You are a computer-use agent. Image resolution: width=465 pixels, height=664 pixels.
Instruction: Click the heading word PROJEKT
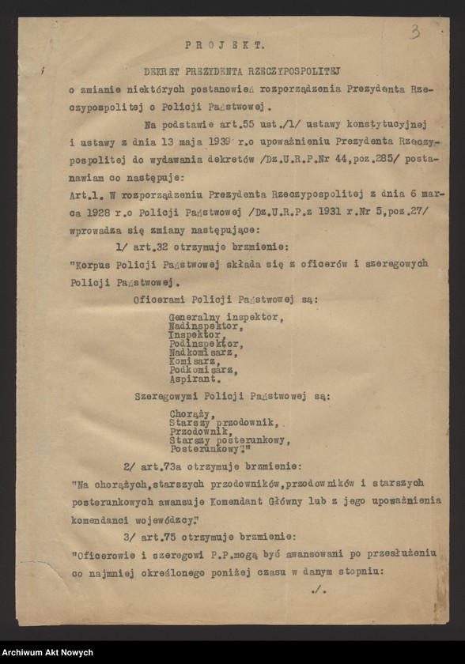tap(225, 46)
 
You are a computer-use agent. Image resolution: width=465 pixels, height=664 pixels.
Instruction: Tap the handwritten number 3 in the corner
tap(414, 32)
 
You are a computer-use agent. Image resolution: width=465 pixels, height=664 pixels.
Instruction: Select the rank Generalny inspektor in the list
tap(225, 316)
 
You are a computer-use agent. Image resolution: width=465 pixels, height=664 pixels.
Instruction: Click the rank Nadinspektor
tap(203, 326)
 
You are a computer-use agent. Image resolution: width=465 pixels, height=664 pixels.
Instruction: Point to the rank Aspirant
tap(194, 379)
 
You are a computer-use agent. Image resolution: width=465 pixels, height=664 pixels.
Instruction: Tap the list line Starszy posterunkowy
tap(229, 440)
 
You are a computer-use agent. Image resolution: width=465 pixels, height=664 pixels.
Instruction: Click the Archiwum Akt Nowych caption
tap(47, 652)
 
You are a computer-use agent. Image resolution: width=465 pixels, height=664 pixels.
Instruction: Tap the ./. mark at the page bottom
tap(319, 589)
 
